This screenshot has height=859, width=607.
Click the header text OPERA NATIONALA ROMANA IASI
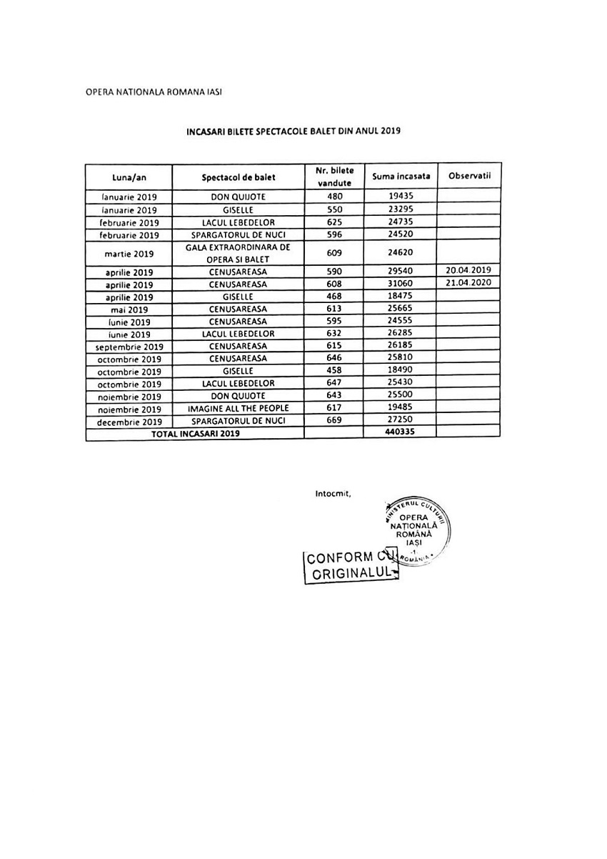[159, 93]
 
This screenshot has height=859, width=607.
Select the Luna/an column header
[129, 177]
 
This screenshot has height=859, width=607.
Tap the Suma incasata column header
[396, 176]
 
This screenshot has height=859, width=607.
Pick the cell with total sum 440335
[396, 432]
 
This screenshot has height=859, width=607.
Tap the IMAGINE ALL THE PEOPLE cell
[238, 408]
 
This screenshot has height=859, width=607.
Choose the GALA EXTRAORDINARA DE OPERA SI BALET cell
[238, 252]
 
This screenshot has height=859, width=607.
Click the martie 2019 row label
[129, 253]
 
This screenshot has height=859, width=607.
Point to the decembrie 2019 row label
[129, 421]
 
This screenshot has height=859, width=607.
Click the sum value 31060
[396, 284]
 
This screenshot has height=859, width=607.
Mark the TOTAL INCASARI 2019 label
[195, 433]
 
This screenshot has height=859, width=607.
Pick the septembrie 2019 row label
[129, 346]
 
